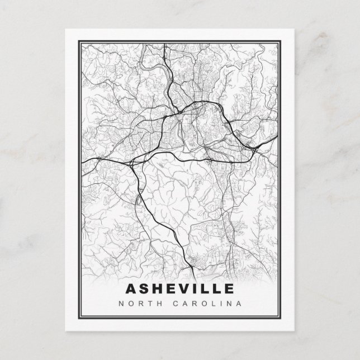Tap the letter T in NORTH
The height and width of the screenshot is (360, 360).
146,304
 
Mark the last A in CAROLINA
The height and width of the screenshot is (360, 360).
239,304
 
